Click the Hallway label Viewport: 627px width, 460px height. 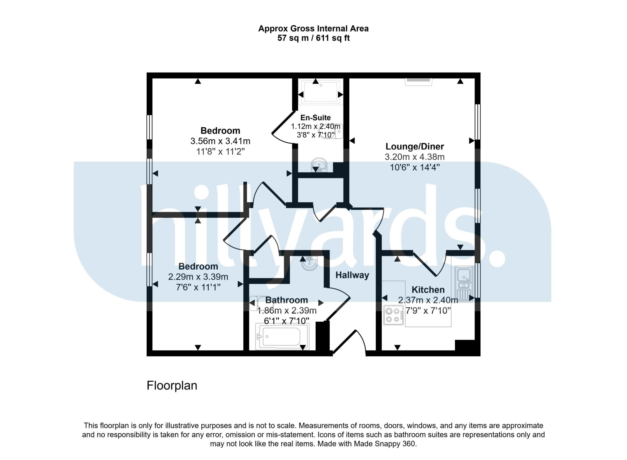point(352,275)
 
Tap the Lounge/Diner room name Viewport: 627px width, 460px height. point(415,147)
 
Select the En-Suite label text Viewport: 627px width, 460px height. point(315,118)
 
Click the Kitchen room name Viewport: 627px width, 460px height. point(428,290)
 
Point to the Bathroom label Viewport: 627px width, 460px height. point(287,300)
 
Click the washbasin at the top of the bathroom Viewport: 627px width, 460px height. point(310,263)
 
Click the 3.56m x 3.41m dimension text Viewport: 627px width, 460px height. point(220,141)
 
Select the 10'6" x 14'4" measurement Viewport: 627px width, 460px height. point(415,167)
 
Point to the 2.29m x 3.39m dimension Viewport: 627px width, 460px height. point(198,277)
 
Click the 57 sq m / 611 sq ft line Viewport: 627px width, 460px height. point(313,38)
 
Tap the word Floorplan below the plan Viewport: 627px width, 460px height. point(172,385)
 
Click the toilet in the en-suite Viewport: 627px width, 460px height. point(331,132)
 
